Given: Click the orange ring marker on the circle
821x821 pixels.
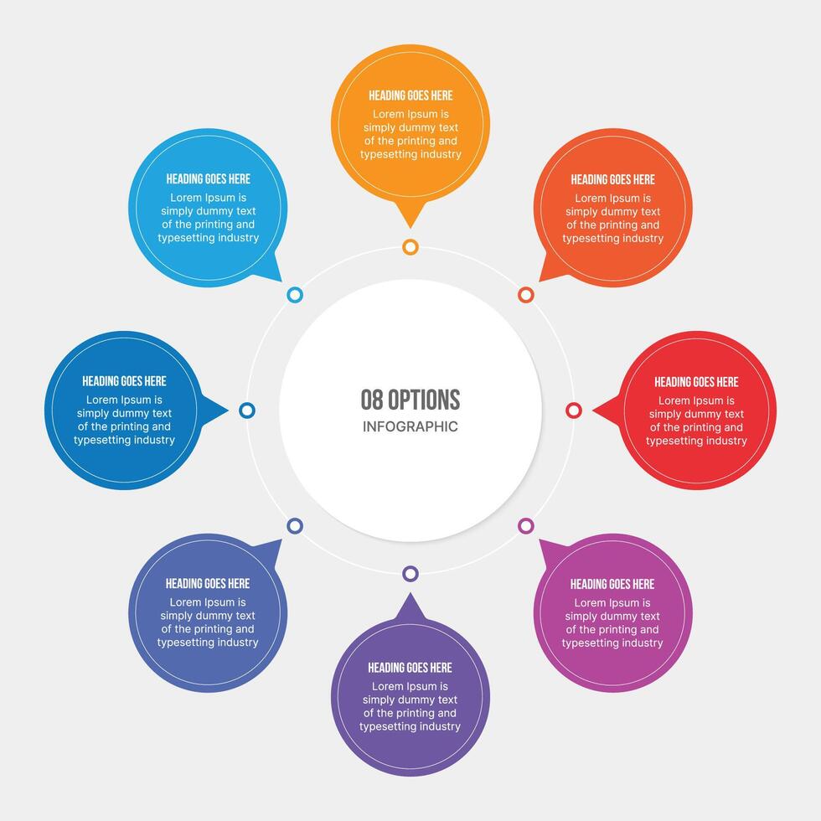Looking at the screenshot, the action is [410, 246].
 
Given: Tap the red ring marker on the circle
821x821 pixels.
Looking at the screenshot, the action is [574, 410].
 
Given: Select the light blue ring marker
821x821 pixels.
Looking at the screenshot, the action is [295, 295].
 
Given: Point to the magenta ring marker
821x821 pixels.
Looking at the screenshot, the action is [526, 525].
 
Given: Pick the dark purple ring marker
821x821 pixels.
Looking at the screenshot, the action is [410, 574].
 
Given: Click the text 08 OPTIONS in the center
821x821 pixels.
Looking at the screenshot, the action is [410, 400].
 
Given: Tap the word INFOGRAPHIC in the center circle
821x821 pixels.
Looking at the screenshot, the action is [410, 426].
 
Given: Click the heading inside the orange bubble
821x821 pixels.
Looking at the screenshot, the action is [410, 96].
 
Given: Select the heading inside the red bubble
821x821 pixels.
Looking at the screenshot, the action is [696, 382].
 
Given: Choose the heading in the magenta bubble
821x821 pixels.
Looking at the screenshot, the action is [612, 584].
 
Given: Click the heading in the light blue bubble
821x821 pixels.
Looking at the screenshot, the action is [208, 178].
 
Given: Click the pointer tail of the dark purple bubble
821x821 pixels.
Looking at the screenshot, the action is [410, 605].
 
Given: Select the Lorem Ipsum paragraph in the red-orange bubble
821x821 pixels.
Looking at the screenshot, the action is [612, 219].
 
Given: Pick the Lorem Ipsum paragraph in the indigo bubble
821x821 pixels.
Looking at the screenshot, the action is [208, 622].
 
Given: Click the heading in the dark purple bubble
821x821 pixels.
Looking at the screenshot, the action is [410, 668].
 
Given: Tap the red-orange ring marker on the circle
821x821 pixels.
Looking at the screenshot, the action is [526, 295].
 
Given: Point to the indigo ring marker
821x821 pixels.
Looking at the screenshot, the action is [295, 525].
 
